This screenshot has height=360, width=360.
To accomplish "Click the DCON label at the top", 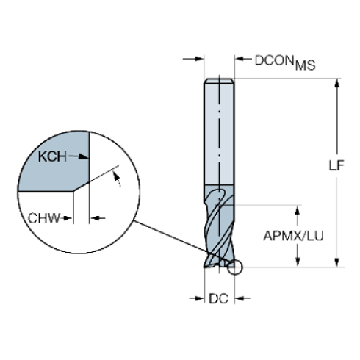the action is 274,60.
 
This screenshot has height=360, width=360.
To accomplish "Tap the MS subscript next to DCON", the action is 305,65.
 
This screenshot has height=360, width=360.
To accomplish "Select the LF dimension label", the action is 336,165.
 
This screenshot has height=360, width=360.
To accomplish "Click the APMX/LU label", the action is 293,236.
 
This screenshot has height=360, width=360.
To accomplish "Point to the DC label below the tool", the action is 218,298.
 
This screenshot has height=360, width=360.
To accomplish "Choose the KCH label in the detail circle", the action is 52,156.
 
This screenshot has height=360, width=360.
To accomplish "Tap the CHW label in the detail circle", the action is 44,218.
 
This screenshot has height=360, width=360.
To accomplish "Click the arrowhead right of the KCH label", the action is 83,156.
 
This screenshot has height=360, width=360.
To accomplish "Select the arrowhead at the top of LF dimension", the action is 337,83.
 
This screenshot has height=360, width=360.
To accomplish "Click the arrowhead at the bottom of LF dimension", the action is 337,262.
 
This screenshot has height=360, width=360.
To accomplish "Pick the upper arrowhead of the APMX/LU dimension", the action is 298,210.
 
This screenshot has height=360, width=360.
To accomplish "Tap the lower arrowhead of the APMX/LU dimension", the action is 298,262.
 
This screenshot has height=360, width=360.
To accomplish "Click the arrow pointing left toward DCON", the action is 243,59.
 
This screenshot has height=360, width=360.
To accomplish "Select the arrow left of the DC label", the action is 197,298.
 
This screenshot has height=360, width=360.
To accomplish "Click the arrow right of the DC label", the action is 242,298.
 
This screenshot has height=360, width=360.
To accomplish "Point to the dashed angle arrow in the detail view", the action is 117,179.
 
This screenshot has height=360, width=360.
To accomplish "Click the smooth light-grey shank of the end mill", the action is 219,132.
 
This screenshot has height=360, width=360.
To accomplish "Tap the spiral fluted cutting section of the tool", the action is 219,226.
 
